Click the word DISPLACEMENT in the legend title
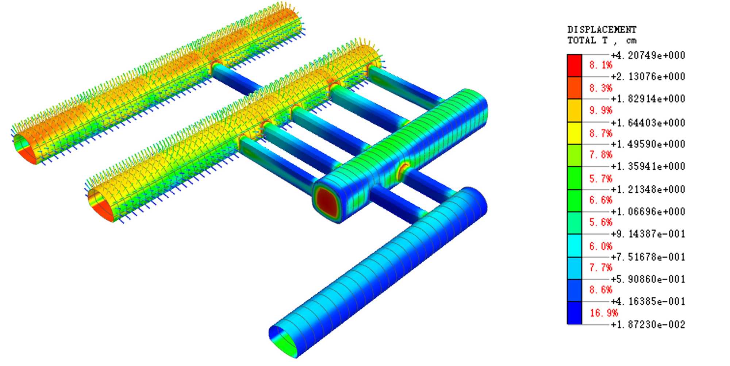point(602,30)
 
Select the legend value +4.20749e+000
point(648,55)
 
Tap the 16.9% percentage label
point(604,313)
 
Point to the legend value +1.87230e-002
point(648,324)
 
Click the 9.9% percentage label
point(601,110)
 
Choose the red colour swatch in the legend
point(574,66)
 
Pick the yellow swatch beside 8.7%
point(574,133)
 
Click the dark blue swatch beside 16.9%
point(574,313)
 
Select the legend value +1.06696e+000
point(648,212)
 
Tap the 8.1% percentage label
point(601,65)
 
